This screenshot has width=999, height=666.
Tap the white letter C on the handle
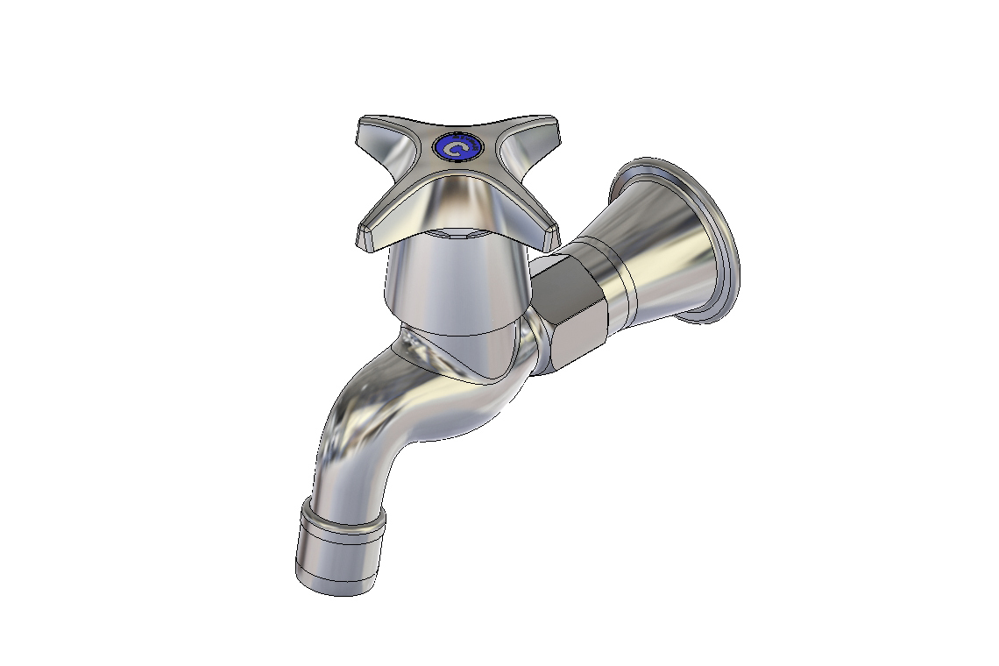coord(456,148)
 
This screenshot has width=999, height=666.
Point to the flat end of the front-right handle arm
coord(551,236)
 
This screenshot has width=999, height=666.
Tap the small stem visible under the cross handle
coord(456,233)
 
